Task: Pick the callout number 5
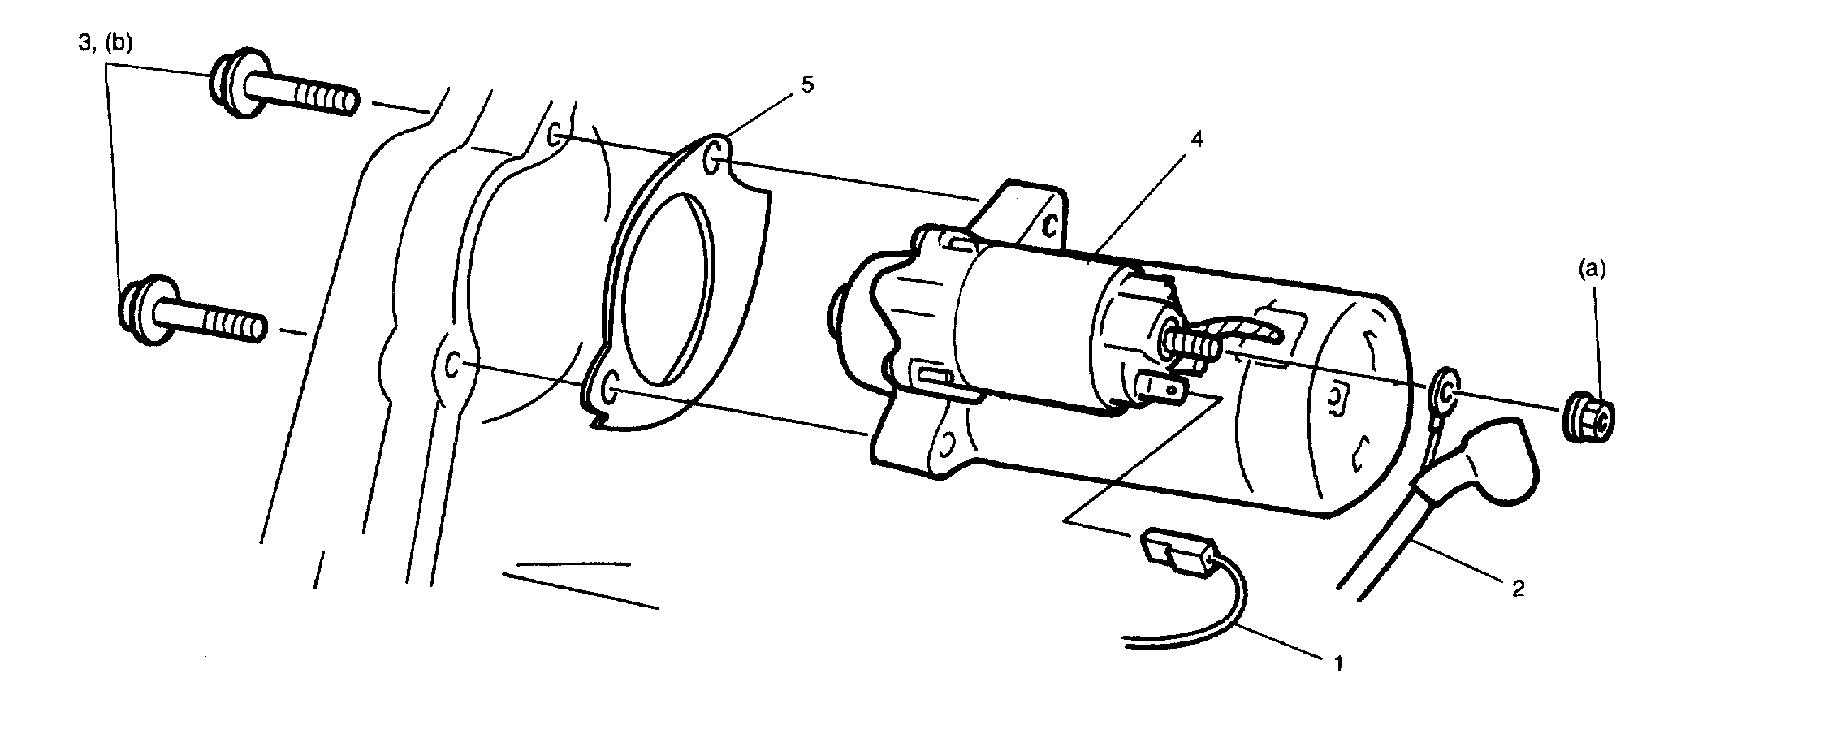pyautogui.click(x=806, y=84)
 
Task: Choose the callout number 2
pyautogui.click(x=1517, y=587)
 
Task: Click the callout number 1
pyautogui.click(x=1338, y=664)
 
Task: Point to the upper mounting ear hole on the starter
pyautogui.click(x=1050, y=226)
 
